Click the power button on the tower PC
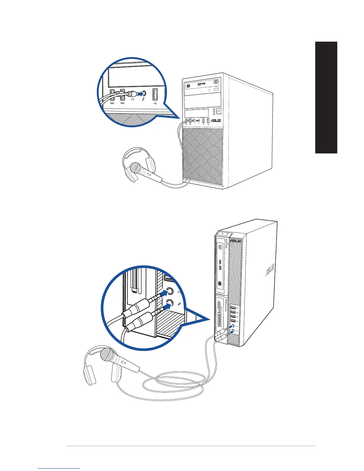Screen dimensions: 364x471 [219, 111]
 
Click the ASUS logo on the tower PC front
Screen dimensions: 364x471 [216, 121]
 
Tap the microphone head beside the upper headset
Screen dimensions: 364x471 [135, 168]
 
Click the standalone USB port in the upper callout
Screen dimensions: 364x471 [155, 95]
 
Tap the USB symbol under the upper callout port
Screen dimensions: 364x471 [156, 104]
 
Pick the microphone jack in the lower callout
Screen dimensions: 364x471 [170, 303]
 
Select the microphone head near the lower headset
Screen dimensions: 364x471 [107, 355]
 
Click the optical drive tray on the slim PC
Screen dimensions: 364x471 [220, 265]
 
